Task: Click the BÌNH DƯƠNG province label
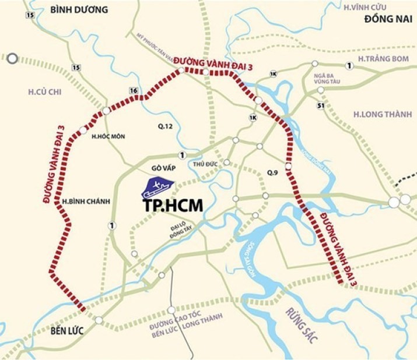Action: [79, 9]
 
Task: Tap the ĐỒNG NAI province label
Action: [385, 20]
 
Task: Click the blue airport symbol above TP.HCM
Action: [158, 188]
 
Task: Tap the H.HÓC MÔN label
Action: [109, 136]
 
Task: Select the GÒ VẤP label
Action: [163, 168]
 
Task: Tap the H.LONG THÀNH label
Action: [383, 115]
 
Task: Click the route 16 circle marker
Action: [134, 90]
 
